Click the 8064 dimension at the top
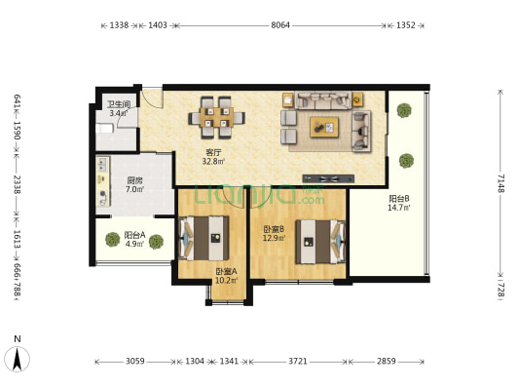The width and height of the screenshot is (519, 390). pyautogui.click(x=280, y=25)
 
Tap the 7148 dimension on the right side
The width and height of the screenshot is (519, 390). pyautogui.click(x=500, y=183)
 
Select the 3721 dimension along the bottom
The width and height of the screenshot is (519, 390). pyautogui.click(x=298, y=361)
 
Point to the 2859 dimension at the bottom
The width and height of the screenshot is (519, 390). pyautogui.click(x=387, y=361)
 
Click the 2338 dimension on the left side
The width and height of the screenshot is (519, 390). pyautogui.click(x=17, y=184)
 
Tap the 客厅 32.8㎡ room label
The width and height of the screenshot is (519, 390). pyautogui.click(x=213, y=157)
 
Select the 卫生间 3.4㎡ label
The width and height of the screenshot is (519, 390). pyautogui.click(x=119, y=108)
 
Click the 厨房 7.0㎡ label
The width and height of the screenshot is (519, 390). pyautogui.click(x=134, y=185)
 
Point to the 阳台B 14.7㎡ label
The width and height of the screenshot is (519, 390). pyautogui.click(x=399, y=203)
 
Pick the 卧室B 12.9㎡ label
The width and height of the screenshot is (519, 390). pyautogui.click(x=274, y=233)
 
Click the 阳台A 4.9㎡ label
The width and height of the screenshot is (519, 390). pyautogui.click(x=134, y=239)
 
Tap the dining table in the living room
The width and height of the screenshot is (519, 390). pyautogui.click(x=217, y=118)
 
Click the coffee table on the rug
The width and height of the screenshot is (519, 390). pyautogui.click(x=324, y=127)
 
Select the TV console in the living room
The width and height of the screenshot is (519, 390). pyautogui.click(x=328, y=179)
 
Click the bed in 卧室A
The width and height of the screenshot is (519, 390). pyautogui.click(x=204, y=238)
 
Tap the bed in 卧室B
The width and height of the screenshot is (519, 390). pyautogui.click(x=320, y=242)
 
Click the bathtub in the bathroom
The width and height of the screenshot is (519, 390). pyautogui.click(x=105, y=129)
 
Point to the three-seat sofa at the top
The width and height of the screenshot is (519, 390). pyautogui.click(x=323, y=100)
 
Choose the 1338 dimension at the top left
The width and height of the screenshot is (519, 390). pyautogui.click(x=119, y=25)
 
